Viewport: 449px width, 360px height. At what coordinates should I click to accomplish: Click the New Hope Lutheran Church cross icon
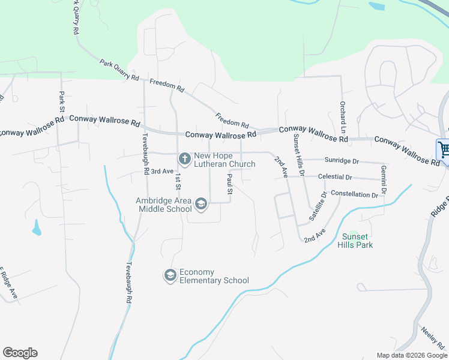pyautogui.click(x=184, y=158)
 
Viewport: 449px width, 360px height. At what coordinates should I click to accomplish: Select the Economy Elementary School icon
pyautogui.click(x=170, y=275)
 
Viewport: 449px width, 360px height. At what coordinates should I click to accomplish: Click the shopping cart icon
pyautogui.click(x=444, y=149)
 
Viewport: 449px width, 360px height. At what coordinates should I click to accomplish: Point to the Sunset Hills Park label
pyautogui.click(x=358, y=241)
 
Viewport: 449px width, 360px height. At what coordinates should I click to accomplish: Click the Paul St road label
pyautogui.click(x=229, y=184)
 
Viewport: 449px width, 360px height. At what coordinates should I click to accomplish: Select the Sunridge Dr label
pyautogui.click(x=342, y=161)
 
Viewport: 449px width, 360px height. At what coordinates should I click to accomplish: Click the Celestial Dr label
pyautogui.click(x=336, y=177)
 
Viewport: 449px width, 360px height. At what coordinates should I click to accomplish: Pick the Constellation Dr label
pyautogui.click(x=355, y=194)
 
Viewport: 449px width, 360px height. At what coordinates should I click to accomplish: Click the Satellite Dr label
pyautogui.click(x=318, y=206)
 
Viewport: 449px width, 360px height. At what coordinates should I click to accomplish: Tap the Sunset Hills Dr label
pyautogui.click(x=298, y=155)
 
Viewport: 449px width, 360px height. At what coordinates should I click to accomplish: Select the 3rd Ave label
pyautogui.click(x=161, y=171)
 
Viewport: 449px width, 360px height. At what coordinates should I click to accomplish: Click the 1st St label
pyautogui.click(x=178, y=182)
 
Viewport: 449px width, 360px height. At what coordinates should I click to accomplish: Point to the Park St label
pyautogui.click(x=61, y=103)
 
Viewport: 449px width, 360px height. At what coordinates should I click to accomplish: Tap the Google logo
pyautogui.click(x=20, y=353)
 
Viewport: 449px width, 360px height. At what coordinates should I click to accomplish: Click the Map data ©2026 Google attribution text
pyautogui.click(x=411, y=355)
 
